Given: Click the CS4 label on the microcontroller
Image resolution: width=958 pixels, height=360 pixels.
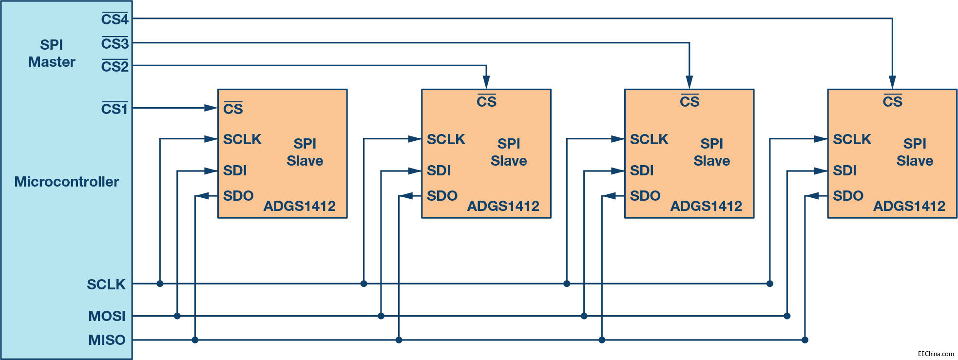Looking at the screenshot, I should [115, 19].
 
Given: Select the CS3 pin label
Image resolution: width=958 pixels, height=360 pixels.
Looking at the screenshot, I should [115, 43].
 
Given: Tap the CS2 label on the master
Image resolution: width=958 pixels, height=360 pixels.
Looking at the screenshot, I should [115, 66].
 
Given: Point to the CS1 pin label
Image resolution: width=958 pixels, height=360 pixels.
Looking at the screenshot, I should [114, 109].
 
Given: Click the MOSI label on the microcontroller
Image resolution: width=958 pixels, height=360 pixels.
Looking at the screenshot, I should [107, 316].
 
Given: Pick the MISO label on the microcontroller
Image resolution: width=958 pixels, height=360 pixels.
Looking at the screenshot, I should [107, 340].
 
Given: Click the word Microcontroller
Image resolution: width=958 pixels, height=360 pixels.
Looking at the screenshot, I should [66, 182].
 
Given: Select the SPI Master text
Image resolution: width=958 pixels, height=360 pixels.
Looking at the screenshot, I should [52, 53].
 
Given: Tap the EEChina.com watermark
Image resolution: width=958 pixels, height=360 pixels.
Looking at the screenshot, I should [936, 354].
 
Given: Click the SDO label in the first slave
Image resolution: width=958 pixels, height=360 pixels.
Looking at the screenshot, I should [238, 196].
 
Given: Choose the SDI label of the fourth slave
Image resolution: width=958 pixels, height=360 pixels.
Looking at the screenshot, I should [844, 171].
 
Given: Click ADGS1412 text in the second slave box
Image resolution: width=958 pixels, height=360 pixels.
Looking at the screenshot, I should [503, 206].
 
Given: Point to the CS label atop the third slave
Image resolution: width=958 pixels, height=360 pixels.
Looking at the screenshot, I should [690, 101].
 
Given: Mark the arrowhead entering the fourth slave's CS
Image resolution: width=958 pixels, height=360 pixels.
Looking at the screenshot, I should [892, 82].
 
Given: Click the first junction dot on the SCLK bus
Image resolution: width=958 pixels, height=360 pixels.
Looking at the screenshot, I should [160, 284].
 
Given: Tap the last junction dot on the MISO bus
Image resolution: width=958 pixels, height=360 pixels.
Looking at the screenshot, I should [805, 340].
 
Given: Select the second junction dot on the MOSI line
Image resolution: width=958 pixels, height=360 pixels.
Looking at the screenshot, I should [381, 316].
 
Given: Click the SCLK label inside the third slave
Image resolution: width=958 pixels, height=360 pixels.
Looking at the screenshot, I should [649, 139].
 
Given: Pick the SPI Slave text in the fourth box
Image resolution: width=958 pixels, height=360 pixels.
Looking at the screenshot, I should [915, 152].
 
